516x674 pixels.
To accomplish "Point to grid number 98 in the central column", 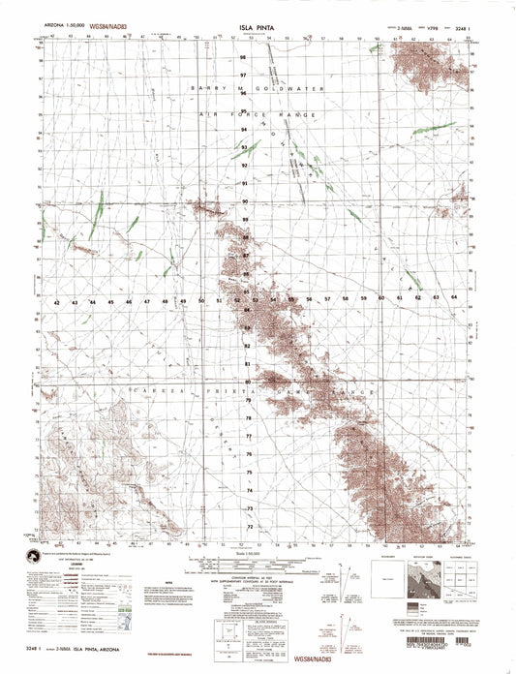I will (244, 56).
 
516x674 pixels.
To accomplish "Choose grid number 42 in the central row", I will (59, 302).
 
